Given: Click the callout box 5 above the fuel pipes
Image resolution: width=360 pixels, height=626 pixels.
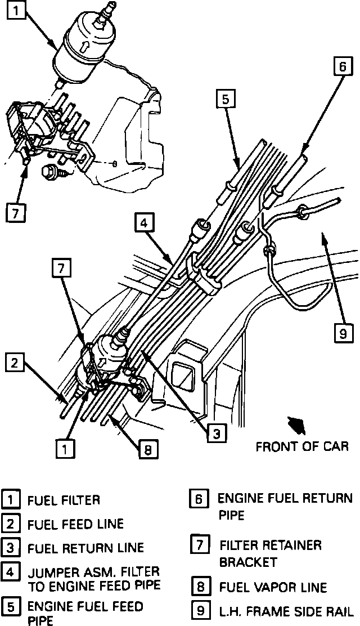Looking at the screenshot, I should [x=224, y=100].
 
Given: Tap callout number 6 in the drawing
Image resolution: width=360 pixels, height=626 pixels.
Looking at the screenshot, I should [x=341, y=66].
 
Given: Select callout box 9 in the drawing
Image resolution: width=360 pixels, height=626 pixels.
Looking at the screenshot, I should [x=343, y=334].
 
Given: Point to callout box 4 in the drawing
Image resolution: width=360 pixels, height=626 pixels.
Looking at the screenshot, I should [x=143, y=224].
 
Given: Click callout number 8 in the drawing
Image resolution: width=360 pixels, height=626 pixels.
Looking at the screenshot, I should [x=148, y=449].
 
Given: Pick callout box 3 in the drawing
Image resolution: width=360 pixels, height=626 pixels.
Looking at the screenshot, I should [x=216, y=432].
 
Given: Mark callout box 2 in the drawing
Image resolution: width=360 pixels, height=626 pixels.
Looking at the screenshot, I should [x=15, y=363].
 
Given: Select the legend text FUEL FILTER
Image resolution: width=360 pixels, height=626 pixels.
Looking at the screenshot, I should [x=64, y=500].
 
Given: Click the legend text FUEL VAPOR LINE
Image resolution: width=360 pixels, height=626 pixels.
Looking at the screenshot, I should [x=273, y=588].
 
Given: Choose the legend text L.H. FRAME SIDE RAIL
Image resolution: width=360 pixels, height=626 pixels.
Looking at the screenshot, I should [x=286, y=611].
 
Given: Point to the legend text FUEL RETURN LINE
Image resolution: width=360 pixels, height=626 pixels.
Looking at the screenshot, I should [x=85, y=548].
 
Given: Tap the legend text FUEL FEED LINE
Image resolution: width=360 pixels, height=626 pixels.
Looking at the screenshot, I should [x=75, y=524].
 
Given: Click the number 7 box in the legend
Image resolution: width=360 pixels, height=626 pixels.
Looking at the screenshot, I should [x=200, y=545].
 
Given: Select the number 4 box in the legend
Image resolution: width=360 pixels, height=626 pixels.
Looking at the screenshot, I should [x=10, y=572].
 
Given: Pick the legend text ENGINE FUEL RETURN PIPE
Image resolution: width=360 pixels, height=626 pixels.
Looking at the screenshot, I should [x=285, y=506].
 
